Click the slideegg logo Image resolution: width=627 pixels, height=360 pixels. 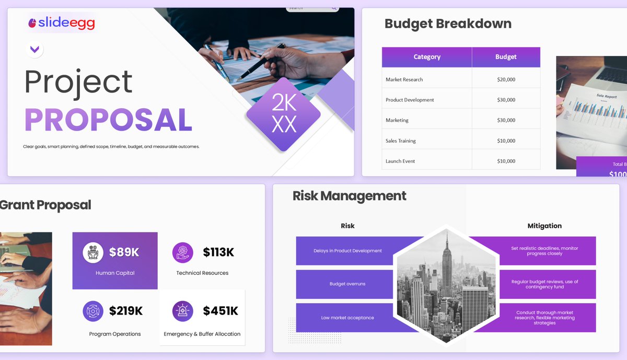[62, 23]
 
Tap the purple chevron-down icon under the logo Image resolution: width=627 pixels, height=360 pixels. [34, 50]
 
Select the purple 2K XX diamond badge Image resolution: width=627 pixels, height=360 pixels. [284, 114]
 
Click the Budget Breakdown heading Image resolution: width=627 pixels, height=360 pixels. [448, 24]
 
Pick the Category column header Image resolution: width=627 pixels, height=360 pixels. [427, 57]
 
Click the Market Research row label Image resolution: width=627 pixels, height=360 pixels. [404, 79]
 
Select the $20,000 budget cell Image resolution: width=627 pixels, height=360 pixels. [506, 79]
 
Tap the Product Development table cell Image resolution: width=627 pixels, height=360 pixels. [410, 100]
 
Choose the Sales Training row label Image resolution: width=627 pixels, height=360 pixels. [401, 141]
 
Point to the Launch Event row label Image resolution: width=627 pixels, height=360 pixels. [400, 161]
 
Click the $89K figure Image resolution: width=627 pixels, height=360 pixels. [124, 252]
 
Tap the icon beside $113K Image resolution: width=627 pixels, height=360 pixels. [183, 252]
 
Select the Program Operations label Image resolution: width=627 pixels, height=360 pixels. [115, 334]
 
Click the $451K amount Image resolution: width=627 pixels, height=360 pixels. [220, 311]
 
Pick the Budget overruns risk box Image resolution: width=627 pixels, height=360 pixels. [347, 284]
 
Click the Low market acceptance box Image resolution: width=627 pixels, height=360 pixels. [347, 318]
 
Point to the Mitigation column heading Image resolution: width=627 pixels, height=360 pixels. [544, 226]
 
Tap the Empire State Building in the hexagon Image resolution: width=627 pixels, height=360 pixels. [447, 266]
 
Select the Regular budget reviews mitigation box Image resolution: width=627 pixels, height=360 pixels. [544, 284]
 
